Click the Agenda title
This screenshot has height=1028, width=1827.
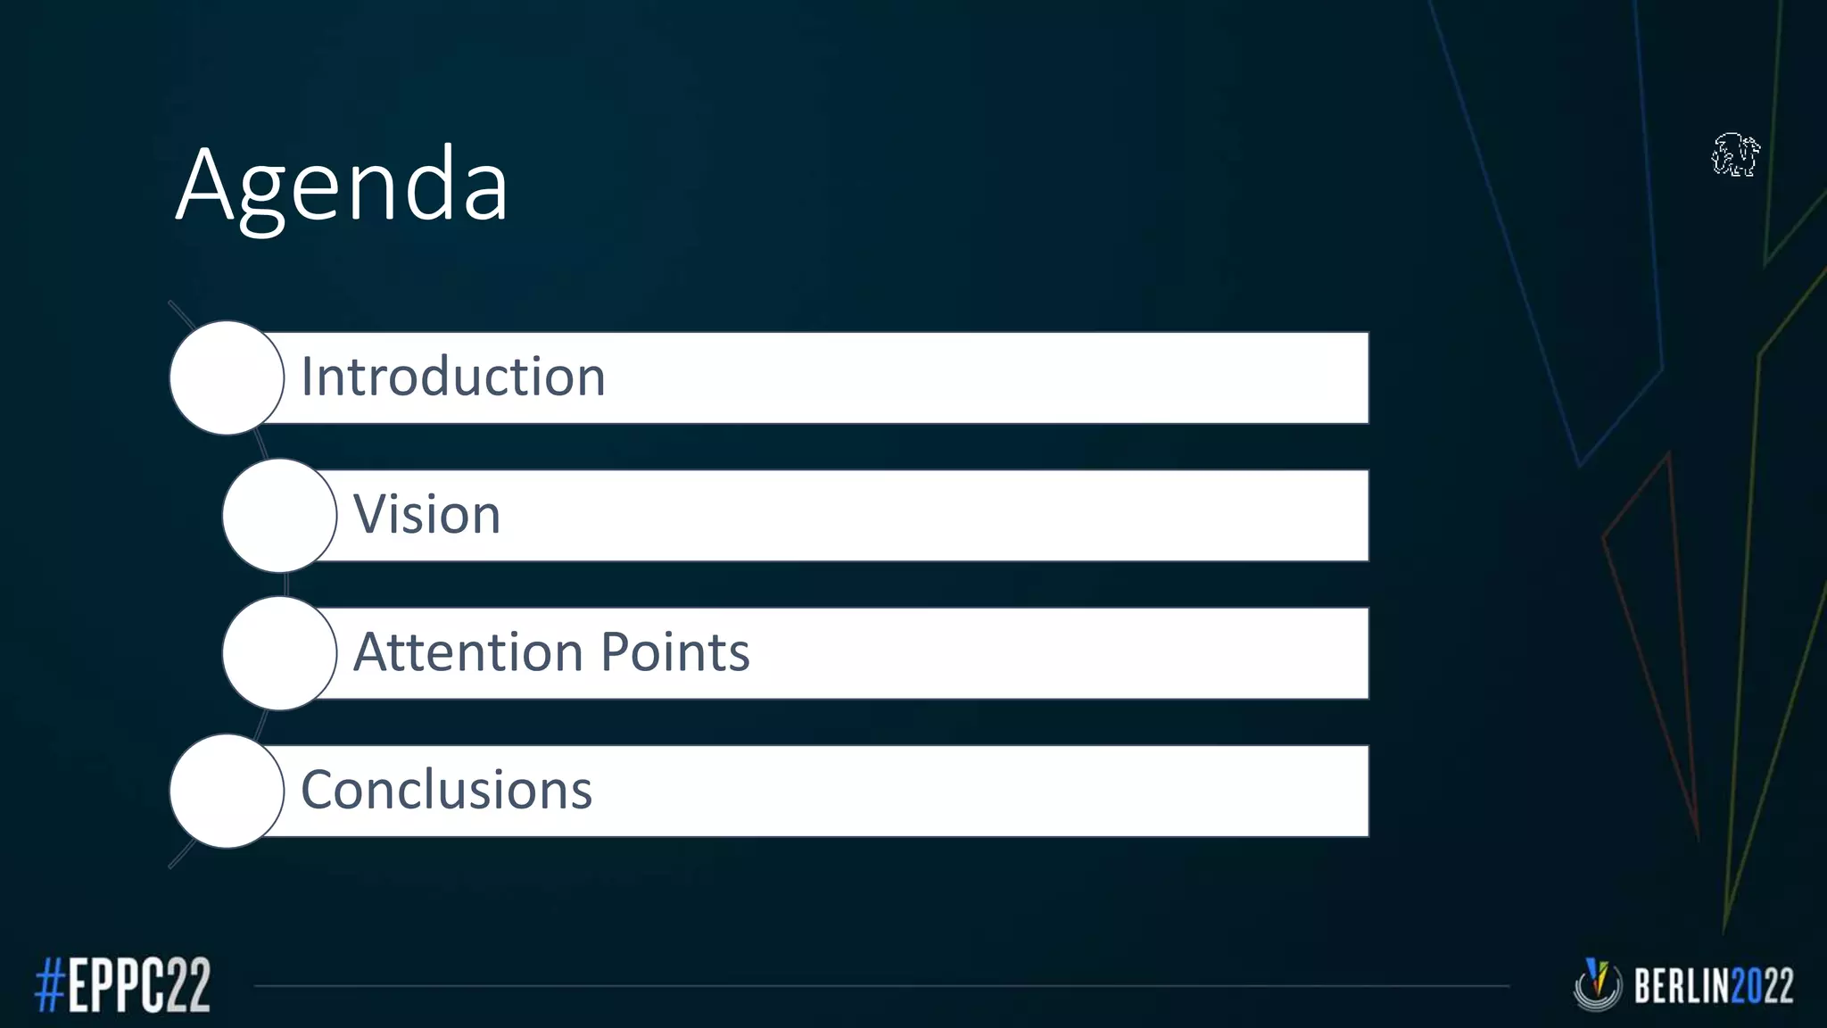click(342, 186)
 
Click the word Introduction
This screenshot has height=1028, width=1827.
click(453, 377)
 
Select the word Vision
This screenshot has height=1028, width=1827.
click(426, 515)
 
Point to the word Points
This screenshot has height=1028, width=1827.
click(675, 652)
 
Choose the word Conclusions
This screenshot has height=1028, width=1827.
click(446, 791)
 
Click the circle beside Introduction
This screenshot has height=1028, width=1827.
click(227, 377)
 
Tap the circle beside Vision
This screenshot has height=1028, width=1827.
click(279, 516)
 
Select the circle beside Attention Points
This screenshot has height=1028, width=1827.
click(279, 653)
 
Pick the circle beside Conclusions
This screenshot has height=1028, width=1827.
click(227, 791)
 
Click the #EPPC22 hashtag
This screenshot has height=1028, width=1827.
click(123, 984)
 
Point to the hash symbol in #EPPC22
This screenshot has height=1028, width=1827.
click(50, 984)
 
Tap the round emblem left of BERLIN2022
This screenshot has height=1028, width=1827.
click(1597, 984)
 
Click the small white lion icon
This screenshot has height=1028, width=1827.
click(1735, 155)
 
